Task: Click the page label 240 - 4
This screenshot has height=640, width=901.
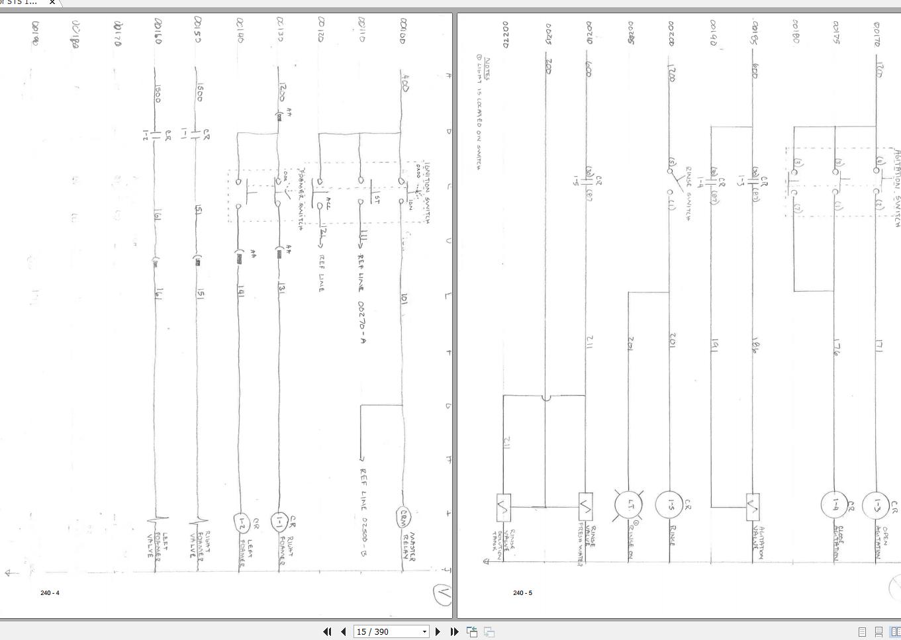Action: (50, 592)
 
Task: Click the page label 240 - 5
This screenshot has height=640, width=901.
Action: (522, 592)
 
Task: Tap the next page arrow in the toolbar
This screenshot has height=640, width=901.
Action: (438, 631)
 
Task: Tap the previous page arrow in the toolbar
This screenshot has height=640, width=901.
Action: (343, 631)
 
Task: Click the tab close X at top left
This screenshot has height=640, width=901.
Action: (52, 3)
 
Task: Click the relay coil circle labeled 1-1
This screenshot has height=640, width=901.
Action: (280, 522)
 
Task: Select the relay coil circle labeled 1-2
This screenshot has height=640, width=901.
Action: (242, 522)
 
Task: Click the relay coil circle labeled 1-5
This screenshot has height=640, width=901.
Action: (669, 504)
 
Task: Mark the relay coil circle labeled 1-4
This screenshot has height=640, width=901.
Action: (834, 504)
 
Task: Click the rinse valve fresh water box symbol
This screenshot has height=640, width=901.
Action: (585, 506)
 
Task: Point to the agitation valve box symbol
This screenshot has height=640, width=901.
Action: (753, 506)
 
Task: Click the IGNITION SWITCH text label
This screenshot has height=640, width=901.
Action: (426, 193)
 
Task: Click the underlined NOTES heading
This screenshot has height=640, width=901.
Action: (487, 69)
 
